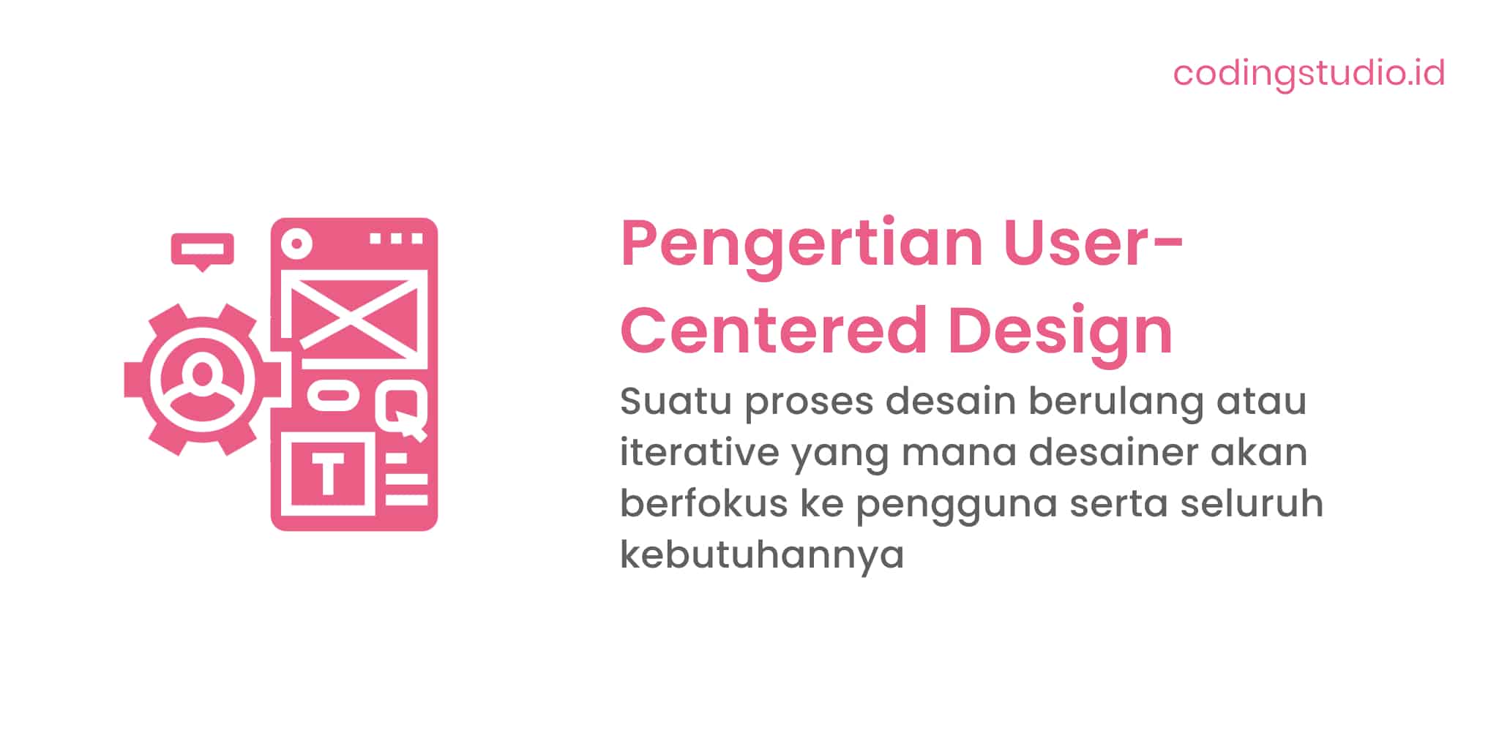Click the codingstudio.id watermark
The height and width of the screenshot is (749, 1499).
pyautogui.click(x=1309, y=73)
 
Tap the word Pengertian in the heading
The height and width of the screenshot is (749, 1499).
pyautogui.click(x=801, y=245)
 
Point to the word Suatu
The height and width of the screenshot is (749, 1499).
pyautogui.click(x=675, y=401)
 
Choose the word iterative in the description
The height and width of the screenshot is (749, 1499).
pyautogui.click(x=699, y=452)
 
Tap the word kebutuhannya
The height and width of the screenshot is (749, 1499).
pyautogui.click(x=762, y=555)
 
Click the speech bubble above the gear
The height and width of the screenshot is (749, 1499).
pyautogui.click(x=203, y=249)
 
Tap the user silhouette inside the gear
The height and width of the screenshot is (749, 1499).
pyautogui.click(x=202, y=380)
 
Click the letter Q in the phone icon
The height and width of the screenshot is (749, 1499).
pyautogui.click(x=401, y=410)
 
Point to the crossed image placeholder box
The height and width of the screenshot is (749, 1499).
pyautogui.click(x=354, y=315)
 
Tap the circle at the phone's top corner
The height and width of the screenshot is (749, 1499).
pyautogui.click(x=296, y=243)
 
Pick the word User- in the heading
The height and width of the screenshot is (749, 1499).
pyautogui.click(x=1092, y=244)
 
